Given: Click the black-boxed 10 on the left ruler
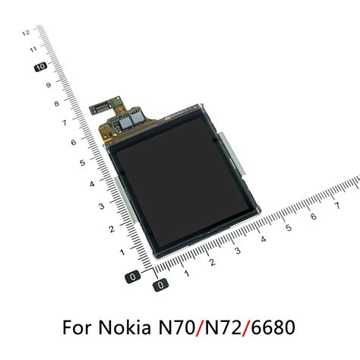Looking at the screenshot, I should [x=42, y=67].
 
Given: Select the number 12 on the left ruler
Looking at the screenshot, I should [x=27, y=33].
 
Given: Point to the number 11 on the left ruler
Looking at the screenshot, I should [x=33, y=49].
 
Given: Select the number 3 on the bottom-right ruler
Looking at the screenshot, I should [x=238, y=251].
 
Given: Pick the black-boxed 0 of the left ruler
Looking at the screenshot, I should [x=134, y=276].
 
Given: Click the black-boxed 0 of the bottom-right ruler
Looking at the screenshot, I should [x=159, y=286].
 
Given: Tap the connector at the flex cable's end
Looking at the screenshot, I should [x=99, y=106].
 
